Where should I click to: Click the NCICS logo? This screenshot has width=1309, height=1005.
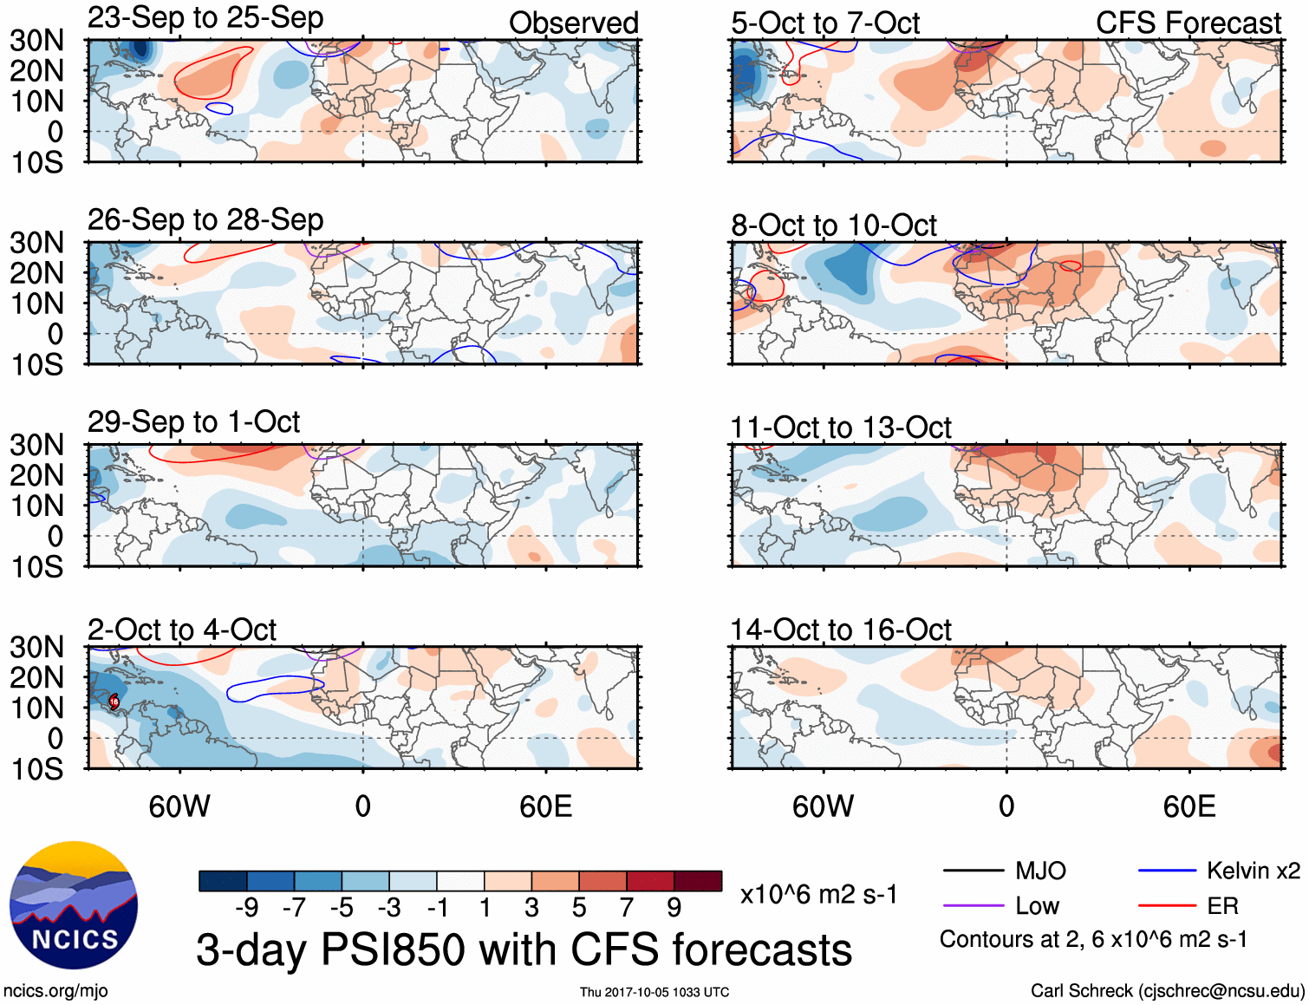[x=73, y=905]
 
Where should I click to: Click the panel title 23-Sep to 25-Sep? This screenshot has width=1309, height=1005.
[x=205, y=18]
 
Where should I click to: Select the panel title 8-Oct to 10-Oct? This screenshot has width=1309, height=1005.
[x=833, y=225]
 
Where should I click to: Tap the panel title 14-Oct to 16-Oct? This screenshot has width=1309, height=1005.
[x=840, y=630]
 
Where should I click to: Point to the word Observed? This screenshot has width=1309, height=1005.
[x=573, y=23]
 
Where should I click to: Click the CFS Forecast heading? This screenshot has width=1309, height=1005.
[x=1188, y=23]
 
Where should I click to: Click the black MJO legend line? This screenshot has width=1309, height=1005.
[x=973, y=871]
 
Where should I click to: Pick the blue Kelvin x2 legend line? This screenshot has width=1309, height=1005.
[x=1167, y=871]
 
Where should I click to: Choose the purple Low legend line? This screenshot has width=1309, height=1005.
[x=973, y=906]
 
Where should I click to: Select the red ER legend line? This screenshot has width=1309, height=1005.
[x=1167, y=906]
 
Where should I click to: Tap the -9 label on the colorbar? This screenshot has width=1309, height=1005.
[x=246, y=908]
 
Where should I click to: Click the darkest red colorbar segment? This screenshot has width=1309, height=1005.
[x=698, y=881]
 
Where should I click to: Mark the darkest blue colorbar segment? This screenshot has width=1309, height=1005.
[x=222, y=881]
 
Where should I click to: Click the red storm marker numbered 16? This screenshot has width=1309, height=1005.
[x=114, y=702]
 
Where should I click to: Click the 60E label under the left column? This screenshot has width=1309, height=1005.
[x=545, y=807]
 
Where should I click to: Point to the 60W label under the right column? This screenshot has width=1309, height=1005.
[x=823, y=807]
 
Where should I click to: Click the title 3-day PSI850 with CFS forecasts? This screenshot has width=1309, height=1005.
[x=524, y=950]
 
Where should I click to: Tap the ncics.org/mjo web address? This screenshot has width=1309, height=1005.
[x=55, y=991]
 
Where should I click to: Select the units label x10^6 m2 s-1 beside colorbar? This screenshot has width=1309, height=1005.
[x=818, y=894]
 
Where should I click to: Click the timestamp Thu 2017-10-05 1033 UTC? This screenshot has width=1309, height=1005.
[x=654, y=992]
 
